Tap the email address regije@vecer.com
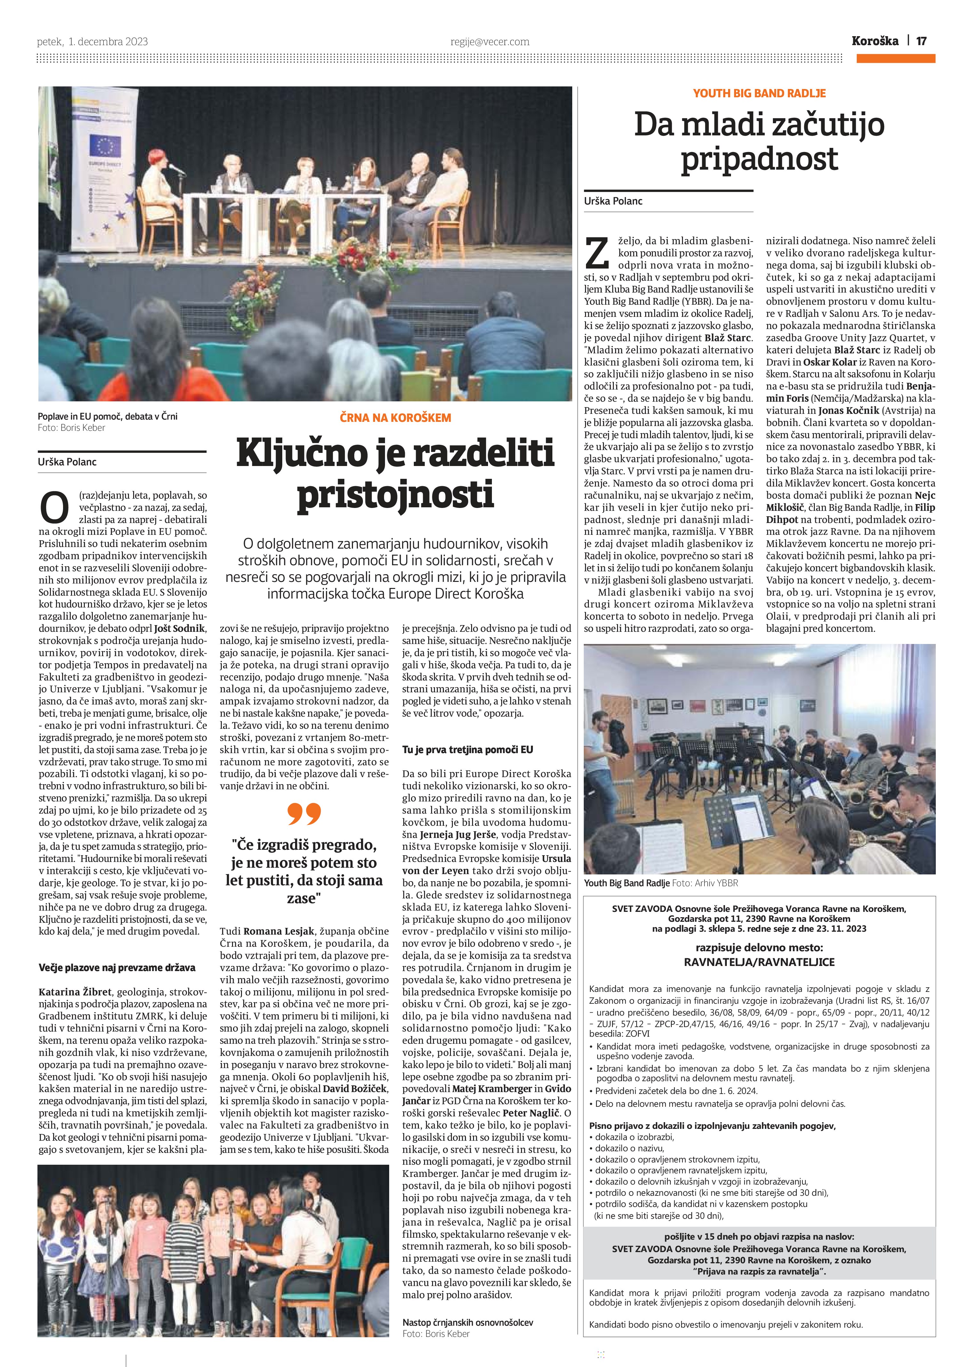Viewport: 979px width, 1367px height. pos(490,42)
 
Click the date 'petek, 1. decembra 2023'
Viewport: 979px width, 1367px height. pos(92,42)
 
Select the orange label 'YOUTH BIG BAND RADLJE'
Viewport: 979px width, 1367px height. pos(759,93)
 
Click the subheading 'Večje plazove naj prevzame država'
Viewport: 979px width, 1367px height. pos(117,967)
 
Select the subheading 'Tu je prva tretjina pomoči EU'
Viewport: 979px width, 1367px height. pos(468,750)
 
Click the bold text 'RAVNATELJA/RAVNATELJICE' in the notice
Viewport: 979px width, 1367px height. pos(759,962)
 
